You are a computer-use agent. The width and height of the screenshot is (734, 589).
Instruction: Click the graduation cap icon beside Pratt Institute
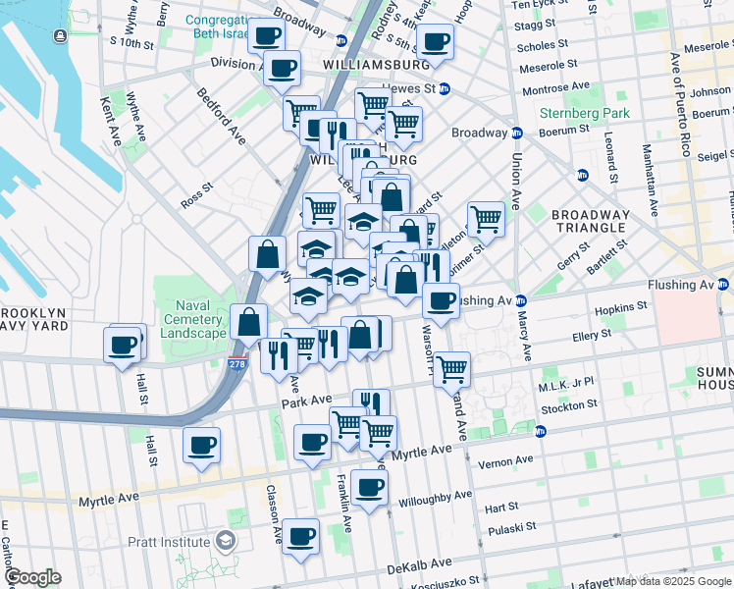click(x=226, y=542)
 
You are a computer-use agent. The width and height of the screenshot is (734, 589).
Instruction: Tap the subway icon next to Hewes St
click(x=444, y=88)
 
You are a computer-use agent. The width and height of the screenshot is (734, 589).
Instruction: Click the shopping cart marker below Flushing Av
click(x=451, y=370)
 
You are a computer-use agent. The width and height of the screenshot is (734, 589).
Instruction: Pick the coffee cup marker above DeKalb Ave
click(x=301, y=537)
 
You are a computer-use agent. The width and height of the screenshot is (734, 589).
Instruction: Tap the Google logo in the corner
click(x=32, y=577)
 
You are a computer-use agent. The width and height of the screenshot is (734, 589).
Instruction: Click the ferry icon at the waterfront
click(x=61, y=36)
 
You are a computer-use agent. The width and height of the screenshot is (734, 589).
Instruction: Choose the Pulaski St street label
click(x=515, y=526)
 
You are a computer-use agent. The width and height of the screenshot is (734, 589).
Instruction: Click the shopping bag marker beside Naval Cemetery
click(x=249, y=322)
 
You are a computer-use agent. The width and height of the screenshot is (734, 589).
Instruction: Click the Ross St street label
click(x=196, y=194)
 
